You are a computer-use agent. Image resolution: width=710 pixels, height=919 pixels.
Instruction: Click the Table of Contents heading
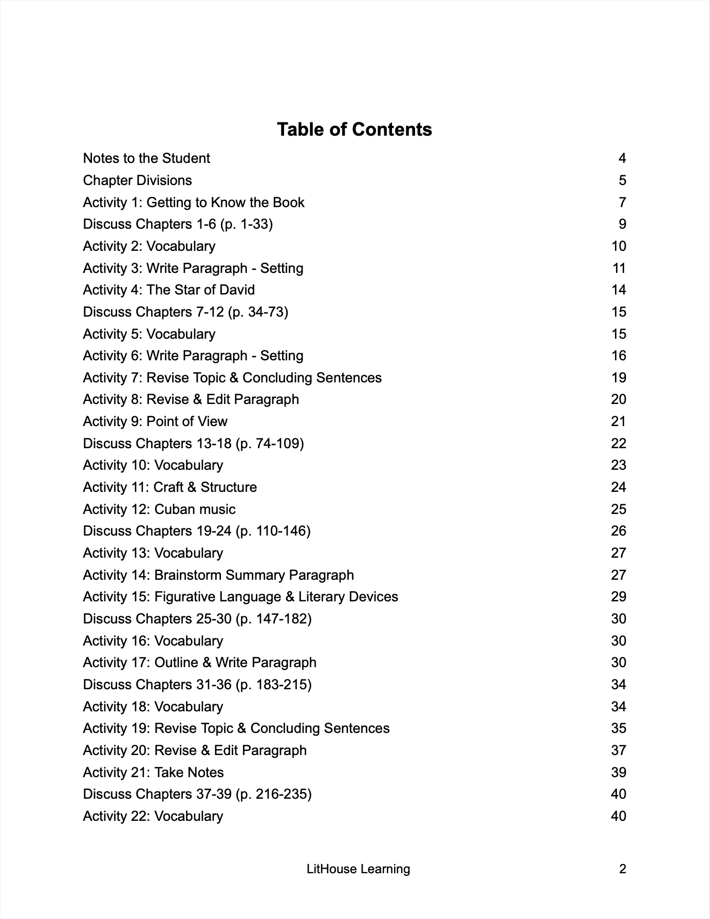point(354,130)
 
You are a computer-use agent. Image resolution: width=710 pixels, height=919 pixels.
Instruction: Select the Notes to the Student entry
point(146,158)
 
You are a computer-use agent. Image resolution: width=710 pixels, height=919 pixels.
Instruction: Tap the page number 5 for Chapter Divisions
point(622,180)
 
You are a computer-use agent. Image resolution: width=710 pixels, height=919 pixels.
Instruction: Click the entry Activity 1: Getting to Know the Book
point(194,203)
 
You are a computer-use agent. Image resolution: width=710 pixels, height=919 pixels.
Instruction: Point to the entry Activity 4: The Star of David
point(169,290)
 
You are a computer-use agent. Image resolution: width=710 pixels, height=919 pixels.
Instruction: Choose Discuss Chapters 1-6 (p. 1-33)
point(178,224)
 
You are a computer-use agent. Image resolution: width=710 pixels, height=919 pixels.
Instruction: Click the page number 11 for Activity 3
point(619,268)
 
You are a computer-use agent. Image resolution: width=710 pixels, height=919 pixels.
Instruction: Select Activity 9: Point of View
point(155,421)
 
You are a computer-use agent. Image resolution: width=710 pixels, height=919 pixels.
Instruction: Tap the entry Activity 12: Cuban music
point(159,509)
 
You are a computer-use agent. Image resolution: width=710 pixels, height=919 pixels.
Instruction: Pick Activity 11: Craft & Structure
point(170,487)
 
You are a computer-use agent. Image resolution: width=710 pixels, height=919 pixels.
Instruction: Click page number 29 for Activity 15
point(619,597)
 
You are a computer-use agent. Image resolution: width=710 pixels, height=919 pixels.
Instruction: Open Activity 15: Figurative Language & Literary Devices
point(240,597)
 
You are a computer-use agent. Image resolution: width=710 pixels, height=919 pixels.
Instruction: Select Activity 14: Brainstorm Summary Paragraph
point(218,575)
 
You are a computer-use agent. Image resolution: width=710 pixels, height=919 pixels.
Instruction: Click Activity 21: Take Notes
point(153,773)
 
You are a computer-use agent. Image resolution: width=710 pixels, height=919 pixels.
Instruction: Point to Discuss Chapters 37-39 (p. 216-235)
point(197,794)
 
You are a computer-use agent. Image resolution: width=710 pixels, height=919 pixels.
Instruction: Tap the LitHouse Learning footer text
point(358,869)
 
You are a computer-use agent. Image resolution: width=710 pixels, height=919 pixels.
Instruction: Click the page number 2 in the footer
point(623,869)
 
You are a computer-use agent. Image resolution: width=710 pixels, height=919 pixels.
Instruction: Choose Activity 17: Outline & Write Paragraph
point(199,663)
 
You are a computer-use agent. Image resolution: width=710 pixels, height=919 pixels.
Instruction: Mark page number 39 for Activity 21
point(619,773)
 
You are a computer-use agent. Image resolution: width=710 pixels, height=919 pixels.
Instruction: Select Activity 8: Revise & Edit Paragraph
point(191,399)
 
